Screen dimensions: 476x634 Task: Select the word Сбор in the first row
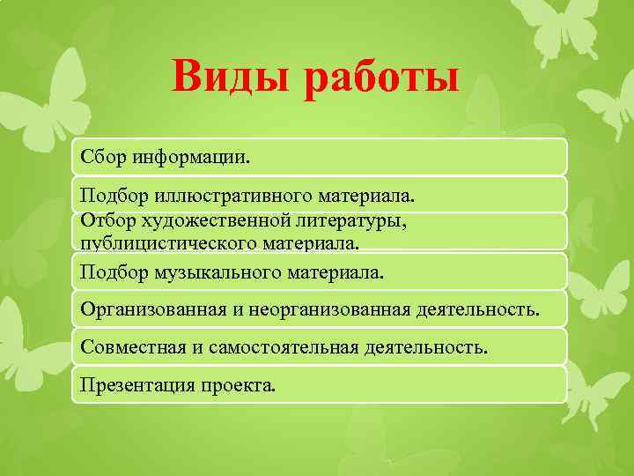(x=102, y=157)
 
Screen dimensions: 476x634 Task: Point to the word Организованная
(x=144, y=309)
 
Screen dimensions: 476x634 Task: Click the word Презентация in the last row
(x=130, y=384)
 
